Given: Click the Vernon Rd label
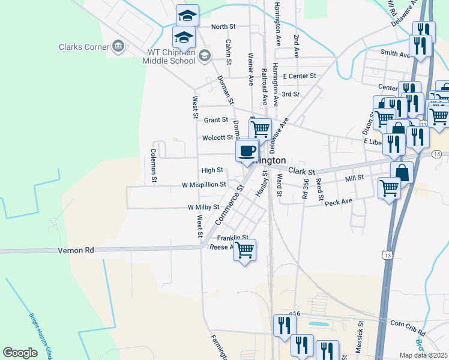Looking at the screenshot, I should [x=76, y=250].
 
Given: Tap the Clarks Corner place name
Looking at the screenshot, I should [x=83, y=47].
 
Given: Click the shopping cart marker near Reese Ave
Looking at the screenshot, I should [x=244, y=250].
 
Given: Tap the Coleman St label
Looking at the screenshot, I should [x=154, y=166].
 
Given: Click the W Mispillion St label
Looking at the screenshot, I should [x=204, y=185].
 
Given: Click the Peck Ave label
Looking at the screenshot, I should [x=338, y=203].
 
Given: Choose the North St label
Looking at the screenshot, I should [x=223, y=26].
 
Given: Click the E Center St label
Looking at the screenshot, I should [x=300, y=76].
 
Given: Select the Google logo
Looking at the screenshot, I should [x=20, y=353].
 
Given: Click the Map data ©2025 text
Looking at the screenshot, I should [x=424, y=355].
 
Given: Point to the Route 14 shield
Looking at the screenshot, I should [x=436, y=155].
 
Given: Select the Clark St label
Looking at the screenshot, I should [x=301, y=172].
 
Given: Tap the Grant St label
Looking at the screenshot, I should [x=216, y=120].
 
